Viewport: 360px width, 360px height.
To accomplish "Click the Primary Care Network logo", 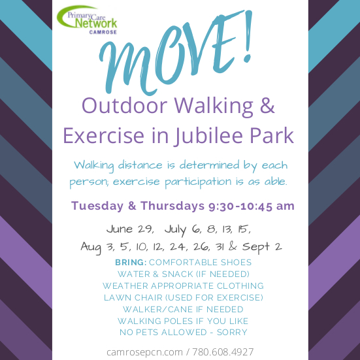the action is (x=87, y=20).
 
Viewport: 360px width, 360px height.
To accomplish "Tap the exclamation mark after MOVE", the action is (x=248, y=37).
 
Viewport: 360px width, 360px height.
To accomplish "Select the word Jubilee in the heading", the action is (x=208, y=135).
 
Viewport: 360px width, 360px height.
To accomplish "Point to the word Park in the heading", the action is (x=272, y=135).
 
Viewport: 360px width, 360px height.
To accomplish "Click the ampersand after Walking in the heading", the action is (x=267, y=106).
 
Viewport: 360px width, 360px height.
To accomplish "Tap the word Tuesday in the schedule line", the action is (x=97, y=206).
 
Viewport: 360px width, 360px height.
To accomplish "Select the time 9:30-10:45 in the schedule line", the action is (x=240, y=206).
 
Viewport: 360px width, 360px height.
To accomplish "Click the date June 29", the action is (x=130, y=229).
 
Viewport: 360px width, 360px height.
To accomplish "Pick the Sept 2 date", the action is (x=262, y=247).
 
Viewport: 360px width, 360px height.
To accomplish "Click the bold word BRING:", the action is (x=131, y=262).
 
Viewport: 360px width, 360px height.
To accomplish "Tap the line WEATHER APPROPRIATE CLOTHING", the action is (x=183, y=286).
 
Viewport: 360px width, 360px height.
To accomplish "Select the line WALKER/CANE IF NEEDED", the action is (x=183, y=309).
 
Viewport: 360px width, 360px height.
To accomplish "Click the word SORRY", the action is (x=232, y=332).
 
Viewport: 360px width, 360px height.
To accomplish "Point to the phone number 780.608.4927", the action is (x=223, y=352).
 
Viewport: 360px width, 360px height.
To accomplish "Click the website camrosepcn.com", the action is (x=144, y=352).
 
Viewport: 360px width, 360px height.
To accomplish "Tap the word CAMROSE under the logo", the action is (x=103, y=33).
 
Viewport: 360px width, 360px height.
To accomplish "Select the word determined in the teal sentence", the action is (x=209, y=165).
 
